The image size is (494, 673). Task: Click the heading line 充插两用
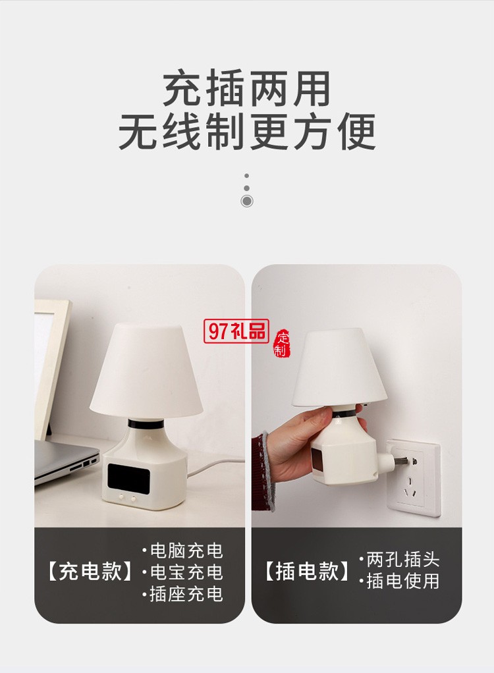[x=246, y=90]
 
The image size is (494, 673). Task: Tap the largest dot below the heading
[x=247, y=201]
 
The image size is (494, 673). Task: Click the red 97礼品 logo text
[x=236, y=331]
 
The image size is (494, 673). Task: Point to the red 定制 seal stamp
[x=281, y=342]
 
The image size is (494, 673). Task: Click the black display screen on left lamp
[x=129, y=477]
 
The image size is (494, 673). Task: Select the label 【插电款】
[x=307, y=572]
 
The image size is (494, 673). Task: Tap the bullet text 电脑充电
[x=186, y=551]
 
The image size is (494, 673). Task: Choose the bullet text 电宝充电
[x=186, y=572]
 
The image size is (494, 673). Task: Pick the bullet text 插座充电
[x=186, y=594]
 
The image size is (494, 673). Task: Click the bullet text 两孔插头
[x=402, y=560]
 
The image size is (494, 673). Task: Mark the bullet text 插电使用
[x=402, y=581]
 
